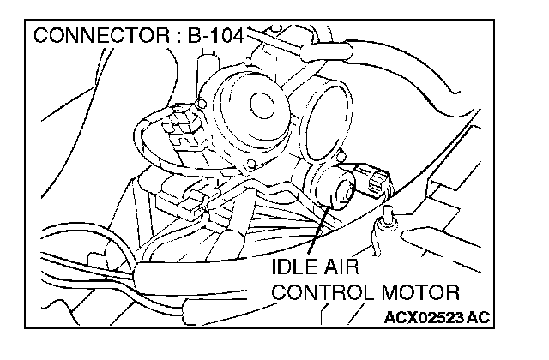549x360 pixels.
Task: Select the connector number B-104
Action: pyautogui.click(x=220, y=38)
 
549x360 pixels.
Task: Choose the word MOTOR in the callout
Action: pyautogui.click(x=420, y=291)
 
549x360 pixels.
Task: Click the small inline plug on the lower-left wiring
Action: pyautogui.click(x=200, y=201)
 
